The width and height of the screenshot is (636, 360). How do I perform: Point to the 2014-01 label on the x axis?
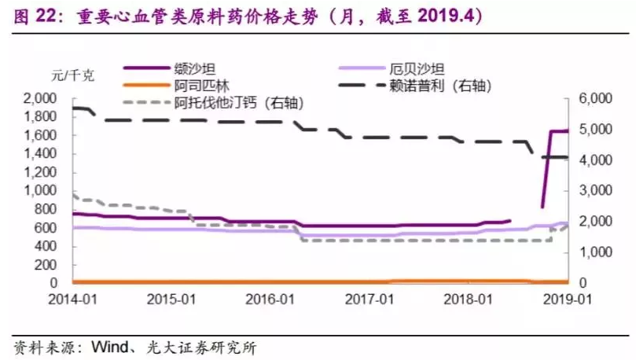72,299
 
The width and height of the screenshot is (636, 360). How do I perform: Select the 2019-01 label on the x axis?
568,299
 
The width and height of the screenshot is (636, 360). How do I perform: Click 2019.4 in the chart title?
444,16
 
